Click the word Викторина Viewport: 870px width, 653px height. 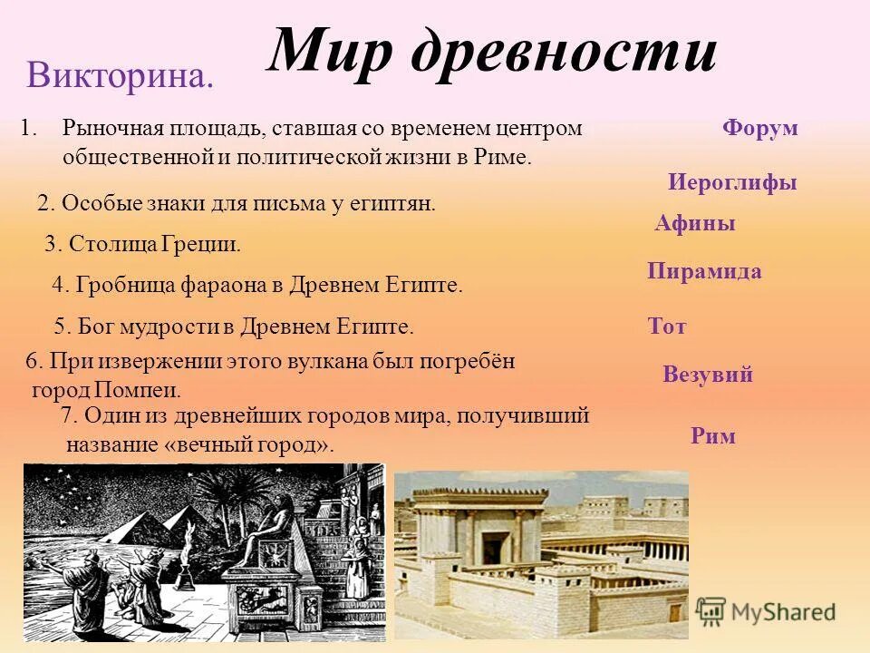(x=120, y=75)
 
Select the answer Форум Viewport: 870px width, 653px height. (x=759, y=128)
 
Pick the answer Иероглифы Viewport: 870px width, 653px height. (x=732, y=182)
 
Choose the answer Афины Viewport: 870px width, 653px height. (x=694, y=224)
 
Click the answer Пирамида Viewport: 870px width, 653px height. (x=704, y=271)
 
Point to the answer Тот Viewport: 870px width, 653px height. (x=667, y=326)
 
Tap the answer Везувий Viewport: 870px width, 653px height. (x=707, y=375)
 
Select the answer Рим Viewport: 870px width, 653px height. (x=712, y=436)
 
